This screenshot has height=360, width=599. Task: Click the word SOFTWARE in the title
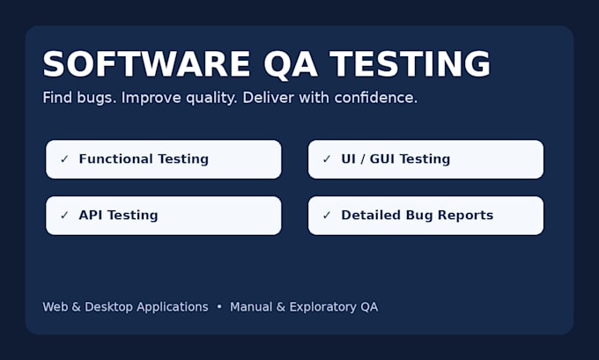coord(146,64)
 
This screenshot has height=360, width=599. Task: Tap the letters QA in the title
coord(291,65)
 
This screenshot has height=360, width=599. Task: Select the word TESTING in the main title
coord(410,64)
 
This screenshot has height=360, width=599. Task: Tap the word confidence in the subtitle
coord(376,98)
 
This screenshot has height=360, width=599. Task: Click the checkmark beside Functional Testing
coord(64,158)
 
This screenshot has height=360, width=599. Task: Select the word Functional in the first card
coord(115,158)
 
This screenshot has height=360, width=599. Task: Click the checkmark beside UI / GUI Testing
coord(327,158)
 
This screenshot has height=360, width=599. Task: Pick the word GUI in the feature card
coord(382,158)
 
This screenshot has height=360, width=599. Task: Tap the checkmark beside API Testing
coord(64,215)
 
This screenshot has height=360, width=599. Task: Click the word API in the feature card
coord(91,215)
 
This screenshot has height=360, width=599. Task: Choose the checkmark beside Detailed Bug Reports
coord(327,215)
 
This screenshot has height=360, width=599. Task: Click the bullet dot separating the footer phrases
coord(219,306)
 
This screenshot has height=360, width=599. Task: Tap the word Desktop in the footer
coord(108,307)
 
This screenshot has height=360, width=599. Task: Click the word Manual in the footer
coord(251,307)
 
